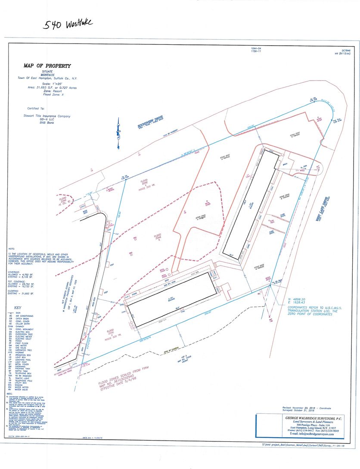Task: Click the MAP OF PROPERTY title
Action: pos(47,66)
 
